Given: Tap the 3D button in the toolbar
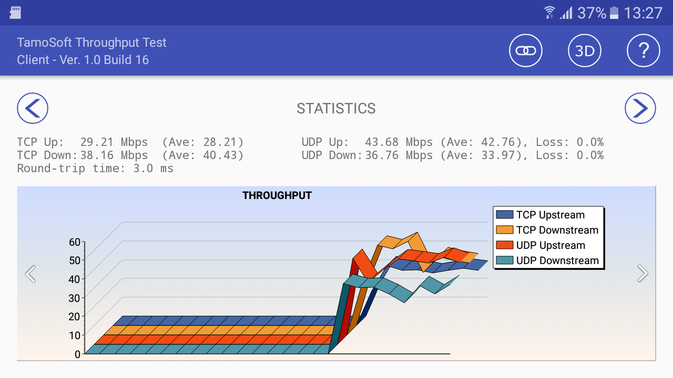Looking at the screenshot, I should pos(585,51).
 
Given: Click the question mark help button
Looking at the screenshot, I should pos(644,51).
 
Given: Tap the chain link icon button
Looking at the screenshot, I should pos(526,51).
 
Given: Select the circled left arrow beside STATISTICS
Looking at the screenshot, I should pos(33,109).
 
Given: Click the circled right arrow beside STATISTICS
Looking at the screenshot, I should pos(640,109).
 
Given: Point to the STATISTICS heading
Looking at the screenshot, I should pos(336,109).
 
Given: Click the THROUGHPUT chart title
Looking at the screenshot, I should pos(277,196).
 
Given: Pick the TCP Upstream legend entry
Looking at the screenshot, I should pos(549,215).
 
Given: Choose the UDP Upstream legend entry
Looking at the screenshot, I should pos(549,245).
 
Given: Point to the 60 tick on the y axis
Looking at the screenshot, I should pos(75,242).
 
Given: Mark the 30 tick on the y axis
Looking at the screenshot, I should pos(75,298).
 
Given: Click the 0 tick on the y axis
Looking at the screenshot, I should pos(77,354).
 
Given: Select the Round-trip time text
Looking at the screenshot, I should pos(95,169).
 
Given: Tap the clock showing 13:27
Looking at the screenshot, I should pos(644,13).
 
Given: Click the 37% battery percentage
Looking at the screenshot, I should pos(592,13).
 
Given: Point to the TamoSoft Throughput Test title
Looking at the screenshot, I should pos(91,43).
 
